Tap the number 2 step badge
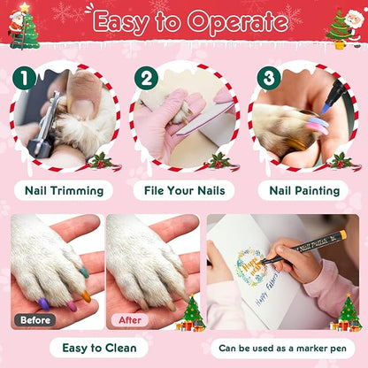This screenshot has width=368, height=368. [x=145, y=79]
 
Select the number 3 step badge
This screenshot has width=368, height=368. [x=264, y=79]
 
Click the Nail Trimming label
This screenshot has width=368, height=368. [x=64, y=189]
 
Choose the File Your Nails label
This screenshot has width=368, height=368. [x=183, y=189]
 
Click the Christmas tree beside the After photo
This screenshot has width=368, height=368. [x=191, y=312]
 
